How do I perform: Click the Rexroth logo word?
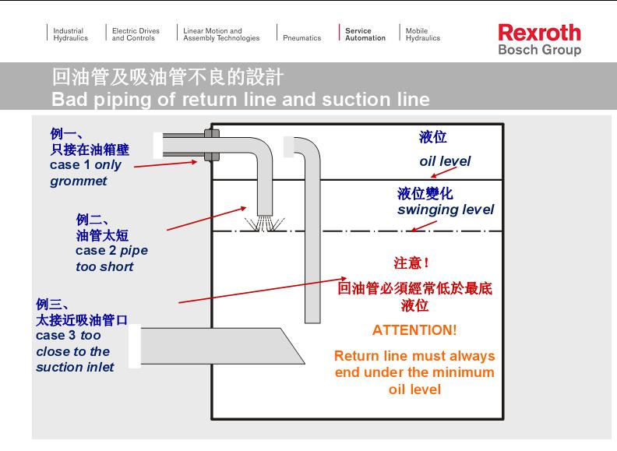539,33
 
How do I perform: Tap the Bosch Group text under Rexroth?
539,51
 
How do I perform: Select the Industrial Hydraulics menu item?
70,34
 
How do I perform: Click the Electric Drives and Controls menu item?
136,34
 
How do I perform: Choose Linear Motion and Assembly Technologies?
221,34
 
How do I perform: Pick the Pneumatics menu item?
301,37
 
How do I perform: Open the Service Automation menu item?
365,34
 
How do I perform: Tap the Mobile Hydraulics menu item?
422,34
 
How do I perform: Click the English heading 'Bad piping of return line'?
240,100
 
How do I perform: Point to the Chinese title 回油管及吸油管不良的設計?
167,78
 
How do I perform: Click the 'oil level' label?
445,161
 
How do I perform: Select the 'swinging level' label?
445,210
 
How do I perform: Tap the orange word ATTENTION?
414,329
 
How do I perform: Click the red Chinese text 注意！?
411,263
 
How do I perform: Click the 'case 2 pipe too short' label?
111,258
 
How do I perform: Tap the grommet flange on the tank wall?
211,145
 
